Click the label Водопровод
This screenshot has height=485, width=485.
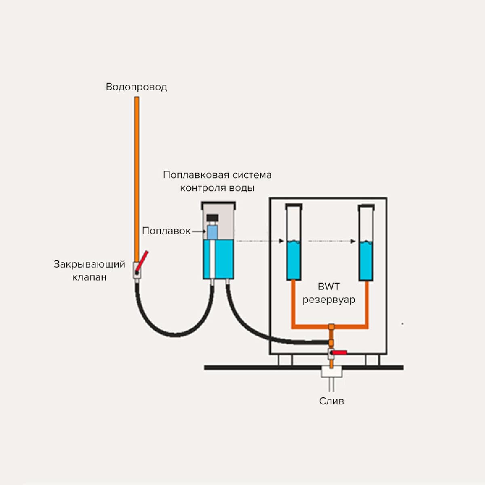pyautogui.click(x=136, y=87)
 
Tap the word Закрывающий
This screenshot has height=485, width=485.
pyautogui.click(x=89, y=265)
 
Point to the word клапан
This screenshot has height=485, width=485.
pyautogui.click(x=89, y=277)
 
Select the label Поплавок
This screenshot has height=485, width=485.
pyautogui.click(x=166, y=231)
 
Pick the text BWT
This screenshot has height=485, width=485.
pyautogui.click(x=329, y=287)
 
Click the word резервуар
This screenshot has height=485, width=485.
pyautogui.click(x=329, y=300)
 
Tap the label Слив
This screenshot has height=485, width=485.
pyautogui.click(x=331, y=401)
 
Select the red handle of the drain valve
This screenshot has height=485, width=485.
pyautogui.click(x=339, y=353)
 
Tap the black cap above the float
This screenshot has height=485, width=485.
pyautogui.click(x=212, y=218)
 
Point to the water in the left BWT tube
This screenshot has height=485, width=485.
pyautogui.click(x=294, y=261)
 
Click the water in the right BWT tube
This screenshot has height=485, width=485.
pyautogui.click(x=366, y=261)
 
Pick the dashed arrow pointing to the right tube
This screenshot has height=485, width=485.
pyautogui.click(x=331, y=241)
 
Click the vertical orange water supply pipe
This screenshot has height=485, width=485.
pyautogui.click(x=137, y=178)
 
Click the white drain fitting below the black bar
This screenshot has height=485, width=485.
pyautogui.click(x=331, y=371)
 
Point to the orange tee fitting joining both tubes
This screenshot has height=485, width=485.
pyautogui.click(x=331, y=327)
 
